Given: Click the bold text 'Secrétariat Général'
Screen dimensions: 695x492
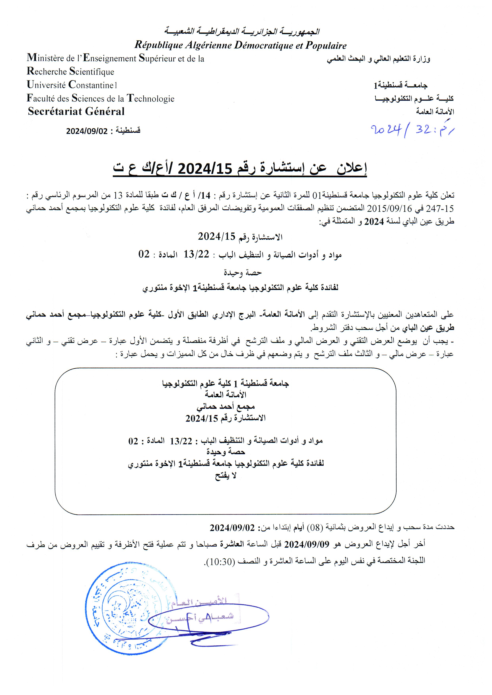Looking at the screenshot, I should point(76,111).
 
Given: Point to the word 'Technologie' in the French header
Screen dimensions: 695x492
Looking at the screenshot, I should point(151,98).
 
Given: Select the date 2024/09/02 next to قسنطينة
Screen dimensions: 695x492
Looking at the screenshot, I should point(87,131).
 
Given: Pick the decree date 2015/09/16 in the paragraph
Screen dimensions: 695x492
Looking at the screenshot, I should point(383,208).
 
